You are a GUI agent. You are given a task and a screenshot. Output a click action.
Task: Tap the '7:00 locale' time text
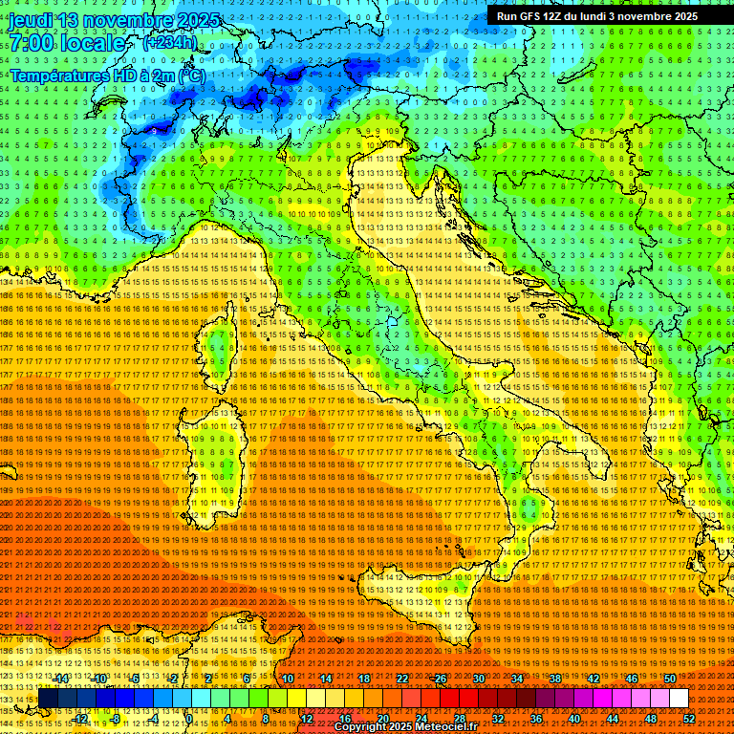point(68,43)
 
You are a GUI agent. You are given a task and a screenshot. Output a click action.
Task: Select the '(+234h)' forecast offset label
point(169,42)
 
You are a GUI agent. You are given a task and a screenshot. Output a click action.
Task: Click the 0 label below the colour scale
point(191,718)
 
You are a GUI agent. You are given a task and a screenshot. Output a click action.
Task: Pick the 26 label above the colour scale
point(440,679)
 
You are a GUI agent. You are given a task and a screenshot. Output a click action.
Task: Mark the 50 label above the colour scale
point(669,679)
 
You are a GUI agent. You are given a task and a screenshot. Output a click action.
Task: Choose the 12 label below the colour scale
point(307,718)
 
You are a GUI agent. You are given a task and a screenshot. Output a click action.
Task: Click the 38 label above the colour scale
point(554,679)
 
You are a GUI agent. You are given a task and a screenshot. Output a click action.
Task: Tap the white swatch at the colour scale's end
point(679,699)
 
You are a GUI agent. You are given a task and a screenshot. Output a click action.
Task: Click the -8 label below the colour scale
point(116,718)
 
